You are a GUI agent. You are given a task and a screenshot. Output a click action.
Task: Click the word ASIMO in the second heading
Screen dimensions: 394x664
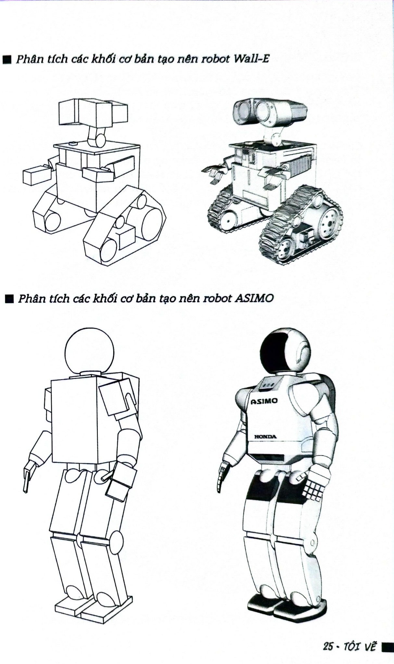(253, 298)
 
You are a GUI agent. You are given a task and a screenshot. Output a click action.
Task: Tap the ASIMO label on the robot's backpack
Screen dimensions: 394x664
(264, 401)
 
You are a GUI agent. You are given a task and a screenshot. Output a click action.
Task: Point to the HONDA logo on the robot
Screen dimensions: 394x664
(265, 437)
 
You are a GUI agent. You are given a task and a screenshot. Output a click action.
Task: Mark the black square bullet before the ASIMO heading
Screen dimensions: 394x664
(9, 299)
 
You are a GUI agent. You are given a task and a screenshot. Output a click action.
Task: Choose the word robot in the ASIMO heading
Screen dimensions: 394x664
(216, 298)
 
